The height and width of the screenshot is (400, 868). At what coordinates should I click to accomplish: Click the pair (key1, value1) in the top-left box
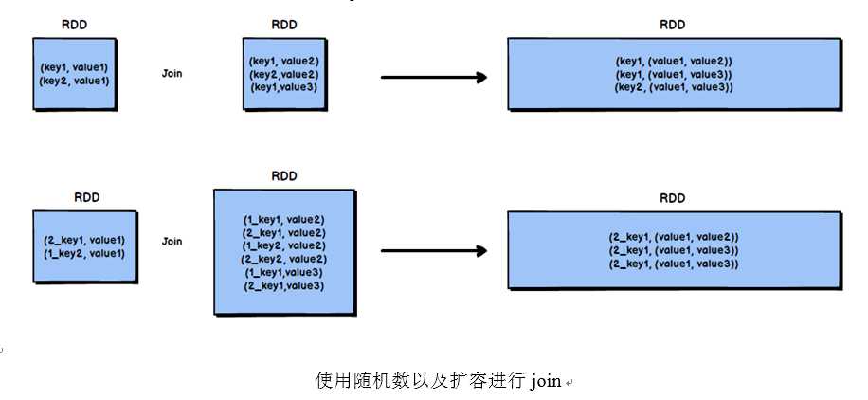75,67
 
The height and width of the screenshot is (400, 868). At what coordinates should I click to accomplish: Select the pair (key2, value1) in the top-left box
75,81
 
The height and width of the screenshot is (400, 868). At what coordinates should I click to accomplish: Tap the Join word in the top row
172,74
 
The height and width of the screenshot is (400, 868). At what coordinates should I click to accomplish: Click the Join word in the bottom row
172,242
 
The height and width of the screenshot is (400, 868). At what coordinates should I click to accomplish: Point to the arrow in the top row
433,78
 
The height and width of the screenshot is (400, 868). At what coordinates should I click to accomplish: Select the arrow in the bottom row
433,251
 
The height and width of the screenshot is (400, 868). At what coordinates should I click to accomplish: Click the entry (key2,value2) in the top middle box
284,74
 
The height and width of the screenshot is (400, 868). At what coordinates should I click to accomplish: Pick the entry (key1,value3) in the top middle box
284,87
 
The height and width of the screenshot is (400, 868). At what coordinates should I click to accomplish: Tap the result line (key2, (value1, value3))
674,87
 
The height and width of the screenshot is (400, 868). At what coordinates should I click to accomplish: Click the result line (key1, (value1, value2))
674,61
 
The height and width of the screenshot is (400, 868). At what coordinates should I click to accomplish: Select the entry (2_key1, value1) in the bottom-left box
84,241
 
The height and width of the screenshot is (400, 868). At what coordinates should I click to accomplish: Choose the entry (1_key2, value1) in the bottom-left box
84,253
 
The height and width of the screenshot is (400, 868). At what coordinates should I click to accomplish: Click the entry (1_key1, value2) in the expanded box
284,220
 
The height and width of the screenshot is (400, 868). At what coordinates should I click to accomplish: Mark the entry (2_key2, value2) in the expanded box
284,259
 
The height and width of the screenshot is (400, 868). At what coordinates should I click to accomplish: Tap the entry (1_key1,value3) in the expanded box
284,272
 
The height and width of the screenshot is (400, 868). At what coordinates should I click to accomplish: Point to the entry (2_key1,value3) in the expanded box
284,285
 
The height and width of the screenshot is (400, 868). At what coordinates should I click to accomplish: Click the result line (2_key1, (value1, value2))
674,236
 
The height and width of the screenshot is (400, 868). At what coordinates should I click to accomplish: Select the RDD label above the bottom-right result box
673,199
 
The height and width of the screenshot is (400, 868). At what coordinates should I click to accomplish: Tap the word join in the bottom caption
546,381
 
